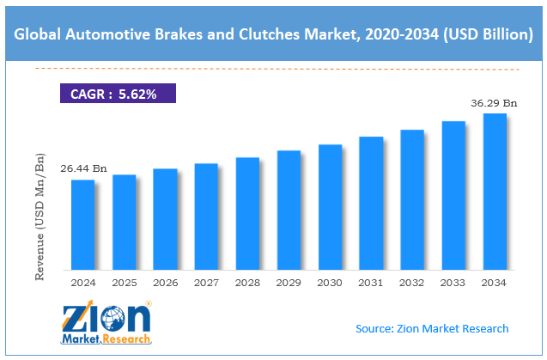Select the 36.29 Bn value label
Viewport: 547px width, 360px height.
coord(495,103)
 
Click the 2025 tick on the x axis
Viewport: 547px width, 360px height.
coord(124,282)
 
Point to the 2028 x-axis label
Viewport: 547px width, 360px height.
coord(247,282)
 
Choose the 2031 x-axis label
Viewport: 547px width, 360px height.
coord(371,282)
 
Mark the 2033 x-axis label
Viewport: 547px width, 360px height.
coord(453,282)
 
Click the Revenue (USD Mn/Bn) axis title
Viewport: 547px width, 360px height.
coord(40,216)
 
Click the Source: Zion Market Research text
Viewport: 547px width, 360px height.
coord(432,328)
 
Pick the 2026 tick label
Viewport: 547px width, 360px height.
coord(165,282)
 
